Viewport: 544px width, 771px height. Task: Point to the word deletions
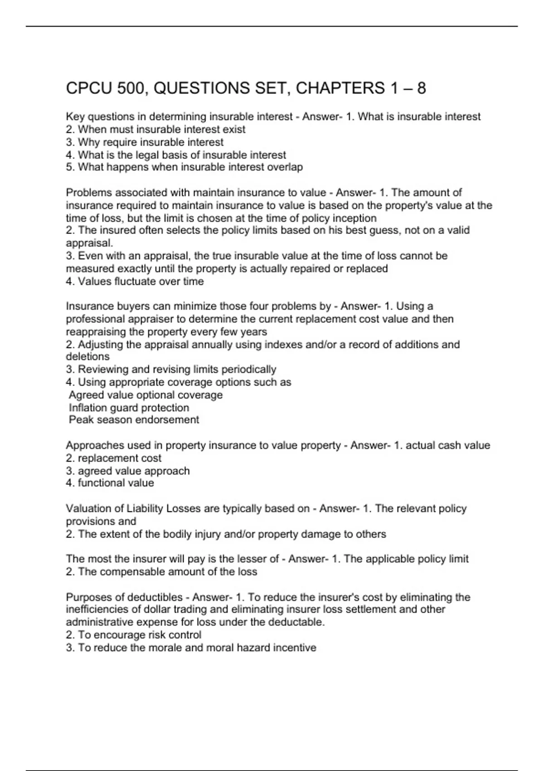[87, 357]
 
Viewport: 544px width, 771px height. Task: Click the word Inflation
[88, 408]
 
